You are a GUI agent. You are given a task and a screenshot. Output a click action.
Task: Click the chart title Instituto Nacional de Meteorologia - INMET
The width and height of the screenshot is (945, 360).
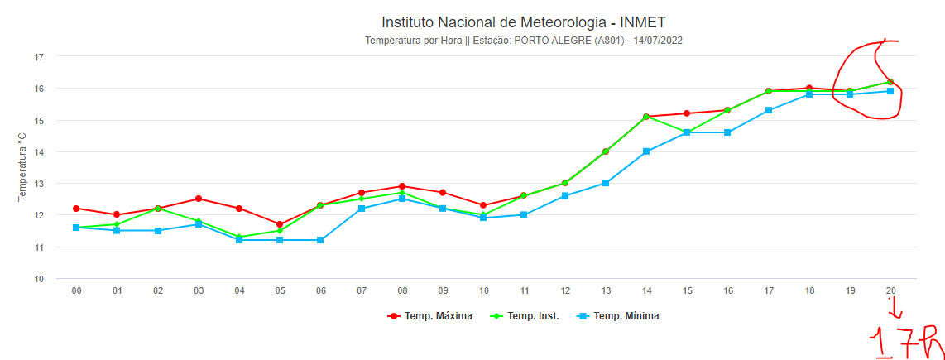pos(523,22)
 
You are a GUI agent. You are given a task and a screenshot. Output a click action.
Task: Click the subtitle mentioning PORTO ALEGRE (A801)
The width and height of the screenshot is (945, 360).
pos(523,40)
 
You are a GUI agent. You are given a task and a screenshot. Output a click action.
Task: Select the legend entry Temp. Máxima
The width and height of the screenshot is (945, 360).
pos(431,316)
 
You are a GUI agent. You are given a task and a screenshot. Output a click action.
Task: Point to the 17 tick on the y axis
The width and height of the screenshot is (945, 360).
pos(38,57)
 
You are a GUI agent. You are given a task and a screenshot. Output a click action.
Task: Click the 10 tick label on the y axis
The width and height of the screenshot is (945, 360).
pos(38,279)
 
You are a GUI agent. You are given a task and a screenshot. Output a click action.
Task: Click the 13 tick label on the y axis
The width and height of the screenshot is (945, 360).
pos(38,184)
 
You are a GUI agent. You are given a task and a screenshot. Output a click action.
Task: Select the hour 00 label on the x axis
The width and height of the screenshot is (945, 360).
pos(76,291)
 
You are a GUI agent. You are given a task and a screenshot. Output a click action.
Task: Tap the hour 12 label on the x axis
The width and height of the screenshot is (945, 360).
pos(565,291)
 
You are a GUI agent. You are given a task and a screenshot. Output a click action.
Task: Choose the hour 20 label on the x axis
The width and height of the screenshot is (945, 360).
pos(890,291)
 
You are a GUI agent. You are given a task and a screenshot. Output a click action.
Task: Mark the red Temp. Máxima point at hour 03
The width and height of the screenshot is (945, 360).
pos(199,199)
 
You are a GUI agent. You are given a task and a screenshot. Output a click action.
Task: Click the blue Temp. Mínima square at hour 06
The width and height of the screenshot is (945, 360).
pos(320,240)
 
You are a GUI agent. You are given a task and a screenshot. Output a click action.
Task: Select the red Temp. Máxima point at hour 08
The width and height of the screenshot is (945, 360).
pos(402,186)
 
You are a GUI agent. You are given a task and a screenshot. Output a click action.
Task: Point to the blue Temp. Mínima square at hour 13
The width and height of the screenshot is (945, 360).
pos(606,183)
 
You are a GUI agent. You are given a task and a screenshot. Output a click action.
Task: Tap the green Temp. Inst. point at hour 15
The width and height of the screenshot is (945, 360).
pos(687,132)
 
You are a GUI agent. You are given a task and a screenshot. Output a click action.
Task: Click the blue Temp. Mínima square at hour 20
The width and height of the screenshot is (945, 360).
pos(890,91)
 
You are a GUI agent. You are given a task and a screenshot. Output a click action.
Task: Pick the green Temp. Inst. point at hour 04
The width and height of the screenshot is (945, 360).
pos(239,237)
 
